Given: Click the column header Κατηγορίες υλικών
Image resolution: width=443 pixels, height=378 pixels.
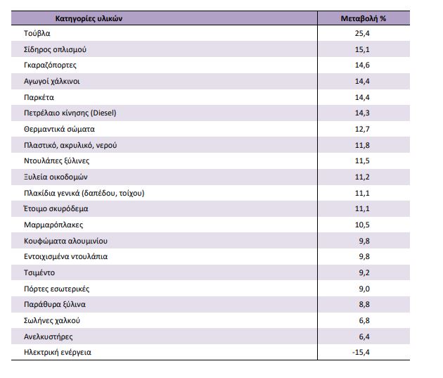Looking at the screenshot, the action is tap(89, 19).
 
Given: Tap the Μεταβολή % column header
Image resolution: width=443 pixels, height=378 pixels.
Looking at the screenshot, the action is tap(364, 19).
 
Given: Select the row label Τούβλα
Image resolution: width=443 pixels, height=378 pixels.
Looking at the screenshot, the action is tap(37, 33).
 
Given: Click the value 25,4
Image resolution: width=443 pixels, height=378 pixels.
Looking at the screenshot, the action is tap(362, 33).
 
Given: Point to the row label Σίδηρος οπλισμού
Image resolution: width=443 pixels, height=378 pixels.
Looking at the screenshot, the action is tap(55, 49).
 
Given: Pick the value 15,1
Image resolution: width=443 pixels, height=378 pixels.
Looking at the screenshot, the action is tap(362, 49).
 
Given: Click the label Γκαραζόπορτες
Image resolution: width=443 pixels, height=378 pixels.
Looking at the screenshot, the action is tap(50, 65).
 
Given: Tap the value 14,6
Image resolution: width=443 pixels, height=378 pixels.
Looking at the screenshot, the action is tap(362, 65).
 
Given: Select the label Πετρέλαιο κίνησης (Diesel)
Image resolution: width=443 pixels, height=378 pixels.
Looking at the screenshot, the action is tap(70, 113).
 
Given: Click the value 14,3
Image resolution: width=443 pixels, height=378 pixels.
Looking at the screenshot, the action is tap(362, 113).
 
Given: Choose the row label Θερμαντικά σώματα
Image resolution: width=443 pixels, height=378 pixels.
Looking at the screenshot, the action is tap(59, 130).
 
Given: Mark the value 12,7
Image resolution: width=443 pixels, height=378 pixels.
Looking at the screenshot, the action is tap(362, 129).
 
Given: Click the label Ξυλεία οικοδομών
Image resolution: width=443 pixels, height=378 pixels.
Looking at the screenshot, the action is tap(56, 177).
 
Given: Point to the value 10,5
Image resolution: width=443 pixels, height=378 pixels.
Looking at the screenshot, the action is tap(362, 225).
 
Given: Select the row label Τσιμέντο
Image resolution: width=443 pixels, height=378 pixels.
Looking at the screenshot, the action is tap(39, 273).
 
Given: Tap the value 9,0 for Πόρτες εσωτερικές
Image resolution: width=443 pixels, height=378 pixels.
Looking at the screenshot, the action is tap(364, 289).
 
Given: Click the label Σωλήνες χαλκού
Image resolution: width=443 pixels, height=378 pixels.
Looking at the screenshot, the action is tap(52, 320).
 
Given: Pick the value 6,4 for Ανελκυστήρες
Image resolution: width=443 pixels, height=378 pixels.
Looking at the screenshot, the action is tap(364, 336).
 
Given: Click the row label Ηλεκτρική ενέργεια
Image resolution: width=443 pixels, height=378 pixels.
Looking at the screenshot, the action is tap(58, 353).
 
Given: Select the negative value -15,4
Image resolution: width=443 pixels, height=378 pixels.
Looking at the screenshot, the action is tap(361, 352).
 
